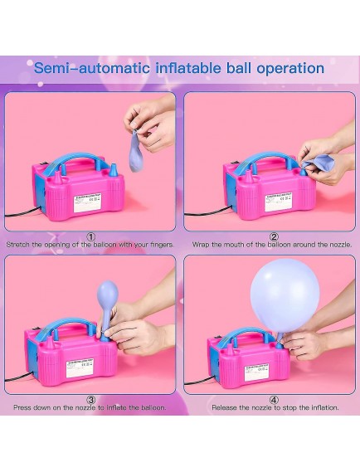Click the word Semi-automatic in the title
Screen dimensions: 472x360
tap(81, 69)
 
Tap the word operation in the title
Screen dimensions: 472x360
tap(286, 69)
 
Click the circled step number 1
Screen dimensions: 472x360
tap(90, 236)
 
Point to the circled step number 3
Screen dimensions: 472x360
tap(90, 398)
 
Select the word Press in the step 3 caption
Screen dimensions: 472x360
tap(22, 407)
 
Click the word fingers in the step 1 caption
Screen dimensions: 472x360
tap(158, 246)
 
